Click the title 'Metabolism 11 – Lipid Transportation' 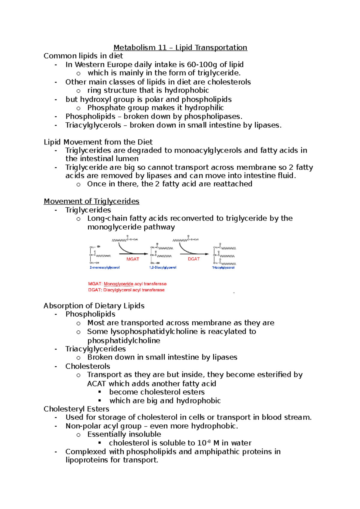pos(180,48)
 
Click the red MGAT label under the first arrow pos(133,259)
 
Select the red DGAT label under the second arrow pos(193,259)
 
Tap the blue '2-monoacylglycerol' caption pos(104,267)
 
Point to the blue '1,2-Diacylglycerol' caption pos(163,267)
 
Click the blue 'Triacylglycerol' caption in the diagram pos(223,267)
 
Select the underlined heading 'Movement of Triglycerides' pos(91,201)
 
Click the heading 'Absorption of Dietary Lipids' pos(94,306)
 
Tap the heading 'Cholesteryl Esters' pos(76,409)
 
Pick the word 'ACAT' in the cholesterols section pos(96,384)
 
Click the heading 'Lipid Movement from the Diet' pos(98,142)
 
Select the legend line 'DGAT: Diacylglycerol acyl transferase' pos(126,290)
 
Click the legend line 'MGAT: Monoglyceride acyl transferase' pos(127,284)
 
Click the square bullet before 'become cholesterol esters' pos(100,392)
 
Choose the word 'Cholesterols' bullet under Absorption pos(88,366)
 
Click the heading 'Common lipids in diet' pos(83,56)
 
